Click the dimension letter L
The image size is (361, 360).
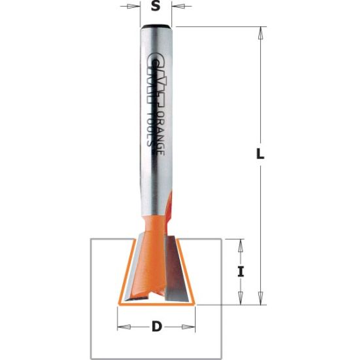point(260,155)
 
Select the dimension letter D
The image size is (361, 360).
point(156,326)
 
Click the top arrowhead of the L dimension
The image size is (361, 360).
point(260,31)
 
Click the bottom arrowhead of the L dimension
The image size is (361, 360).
point(260,300)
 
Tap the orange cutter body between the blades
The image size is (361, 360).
point(154,262)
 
